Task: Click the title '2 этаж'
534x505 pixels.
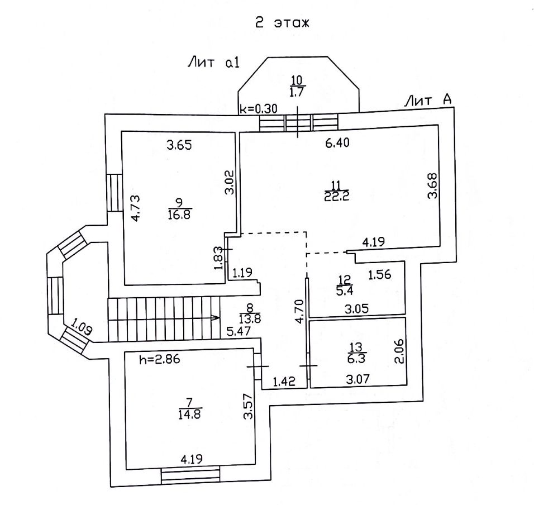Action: tap(282, 23)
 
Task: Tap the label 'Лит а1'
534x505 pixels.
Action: tap(213, 63)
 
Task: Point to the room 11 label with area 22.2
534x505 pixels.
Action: tap(333, 190)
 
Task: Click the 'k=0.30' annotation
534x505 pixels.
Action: tap(258, 109)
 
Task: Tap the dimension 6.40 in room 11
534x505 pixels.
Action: tap(337, 144)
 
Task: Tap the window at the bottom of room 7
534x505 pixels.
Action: tap(190, 475)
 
